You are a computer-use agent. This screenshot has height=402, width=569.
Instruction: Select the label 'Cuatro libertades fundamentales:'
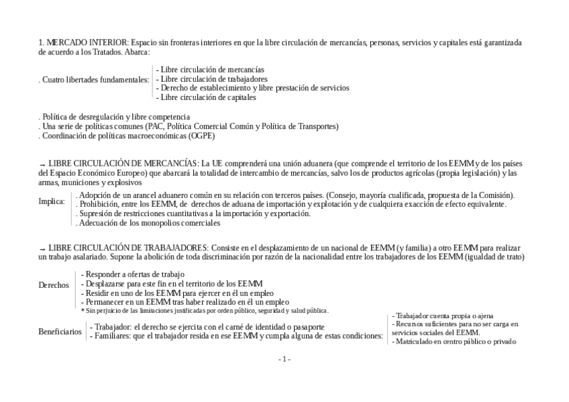click(x=94, y=80)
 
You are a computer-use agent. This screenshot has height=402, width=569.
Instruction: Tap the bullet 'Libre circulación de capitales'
click(x=206, y=97)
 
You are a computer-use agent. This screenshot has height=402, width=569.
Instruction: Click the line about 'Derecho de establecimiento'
click(x=253, y=88)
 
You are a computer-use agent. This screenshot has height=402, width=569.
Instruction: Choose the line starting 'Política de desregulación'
click(x=114, y=117)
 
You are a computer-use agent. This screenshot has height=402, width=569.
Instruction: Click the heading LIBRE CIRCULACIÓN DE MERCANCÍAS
click(x=123, y=164)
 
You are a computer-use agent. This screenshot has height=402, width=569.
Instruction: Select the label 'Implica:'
click(x=52, y=201)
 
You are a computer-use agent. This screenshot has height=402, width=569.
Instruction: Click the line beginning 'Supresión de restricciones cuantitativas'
click(x=193, y=213)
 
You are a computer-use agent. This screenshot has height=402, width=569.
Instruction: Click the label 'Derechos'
click(x=54, y=285)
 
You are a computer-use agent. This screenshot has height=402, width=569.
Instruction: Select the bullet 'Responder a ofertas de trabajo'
click(x=133, y=274)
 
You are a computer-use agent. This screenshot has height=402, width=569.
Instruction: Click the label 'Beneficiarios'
click(x=60, y=332)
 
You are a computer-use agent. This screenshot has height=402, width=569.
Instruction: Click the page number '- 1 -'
click(x=284, y=360)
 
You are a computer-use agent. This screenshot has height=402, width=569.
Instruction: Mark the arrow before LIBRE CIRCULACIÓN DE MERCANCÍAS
click(x=42, y=164)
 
